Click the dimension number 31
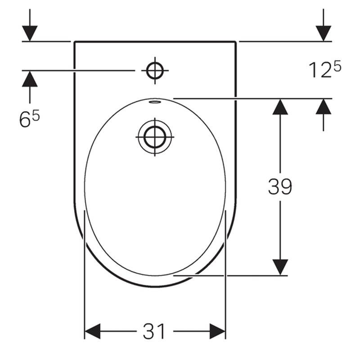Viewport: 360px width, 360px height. tap(154, 331)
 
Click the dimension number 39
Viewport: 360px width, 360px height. tap(280, 186)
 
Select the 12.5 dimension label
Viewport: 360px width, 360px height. tap(325, 70)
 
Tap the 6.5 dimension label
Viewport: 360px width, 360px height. tap(30, 118)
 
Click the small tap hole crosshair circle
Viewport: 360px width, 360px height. tap(155, 71)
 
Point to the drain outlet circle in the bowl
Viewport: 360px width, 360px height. tap(155, 137)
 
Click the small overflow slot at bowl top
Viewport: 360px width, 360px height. tap(155, 102)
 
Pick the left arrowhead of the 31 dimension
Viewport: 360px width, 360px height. tap(92, 331)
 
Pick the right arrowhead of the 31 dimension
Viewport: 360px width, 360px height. tap(217, 331)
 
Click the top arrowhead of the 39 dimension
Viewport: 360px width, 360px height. tap(280, 107)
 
